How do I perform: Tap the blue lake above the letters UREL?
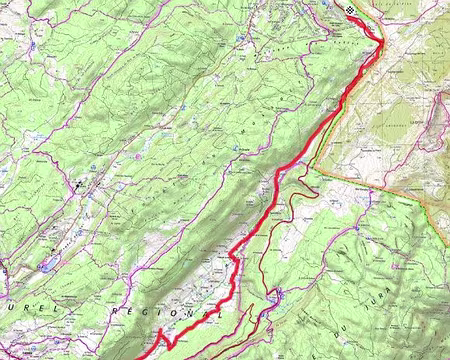47,266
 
